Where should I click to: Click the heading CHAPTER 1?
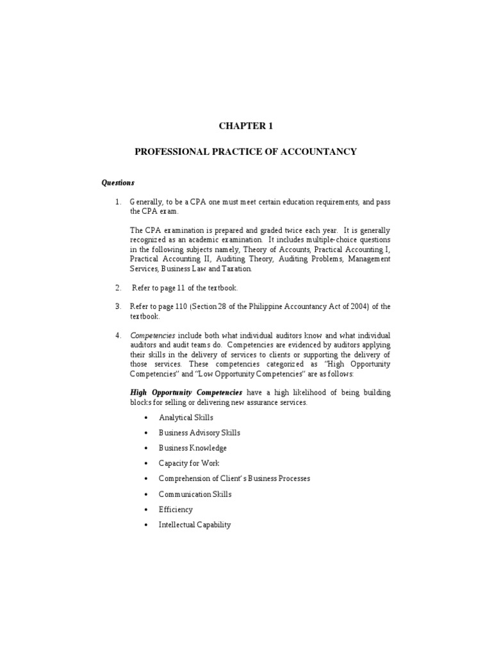click(x=246, y=126)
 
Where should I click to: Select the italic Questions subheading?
click(x=118, y=182)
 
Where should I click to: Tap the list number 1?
click(x=118, y=202)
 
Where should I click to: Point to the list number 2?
click(x=118, y=288)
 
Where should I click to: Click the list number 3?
click(x=118, y=307)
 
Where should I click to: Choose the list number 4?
click(x=118, y=336)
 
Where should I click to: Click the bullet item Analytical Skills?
click(x=186, y=418)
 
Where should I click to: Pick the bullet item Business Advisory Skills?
click(x=200, y=433)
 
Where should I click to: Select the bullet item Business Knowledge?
click(x=193, y=448)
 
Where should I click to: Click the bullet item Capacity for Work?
click(x=189, y=464)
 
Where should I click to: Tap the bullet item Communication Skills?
click(x=195, y=494)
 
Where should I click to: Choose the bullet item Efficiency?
click(x=176, y=510)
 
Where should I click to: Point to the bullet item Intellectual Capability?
click(x=195, y=525)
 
